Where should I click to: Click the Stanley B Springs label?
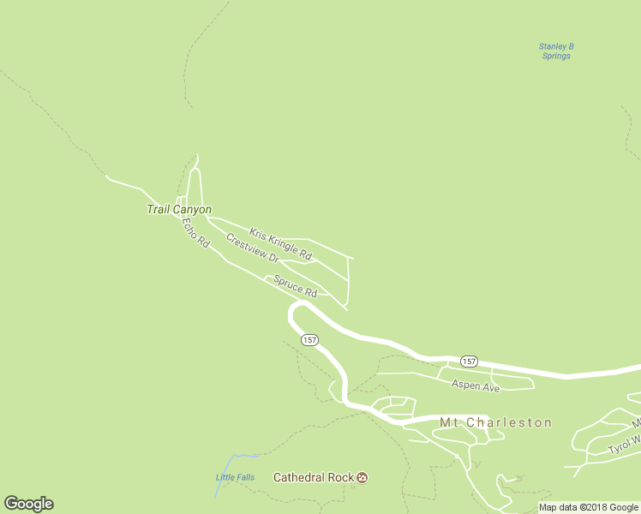coord(555,51)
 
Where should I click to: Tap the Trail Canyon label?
coord(179,209)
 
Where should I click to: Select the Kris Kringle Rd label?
coord(280,243)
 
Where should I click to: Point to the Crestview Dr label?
coord(253,248)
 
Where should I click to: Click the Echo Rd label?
coord(195,232)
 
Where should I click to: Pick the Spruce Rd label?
coord(296,286)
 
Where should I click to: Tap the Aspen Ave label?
coord(476,387)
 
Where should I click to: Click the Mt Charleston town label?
coord(495,422)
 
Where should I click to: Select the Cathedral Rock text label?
coord(314,477)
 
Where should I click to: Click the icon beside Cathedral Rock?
coord(362,477)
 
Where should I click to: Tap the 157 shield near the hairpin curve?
coord(309,340)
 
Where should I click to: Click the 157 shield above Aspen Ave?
coord(468,361)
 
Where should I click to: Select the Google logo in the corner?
coord(28,504)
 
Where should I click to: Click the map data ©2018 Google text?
coord(589,507)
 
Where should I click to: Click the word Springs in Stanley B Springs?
coord(556,57)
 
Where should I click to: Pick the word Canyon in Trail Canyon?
coord(193,209)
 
